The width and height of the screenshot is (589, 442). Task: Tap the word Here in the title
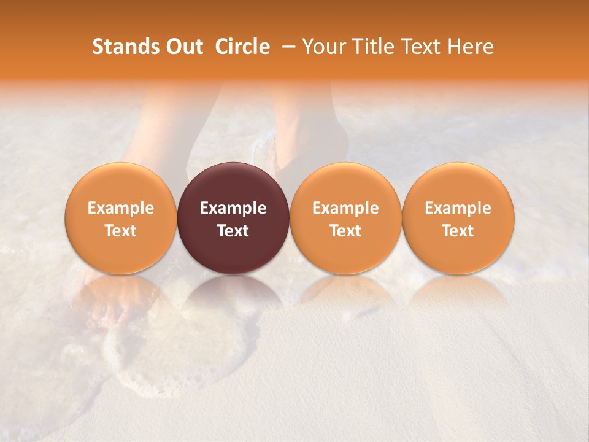471,47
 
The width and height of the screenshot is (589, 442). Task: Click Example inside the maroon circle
233,209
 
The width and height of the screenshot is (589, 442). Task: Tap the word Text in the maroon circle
233,231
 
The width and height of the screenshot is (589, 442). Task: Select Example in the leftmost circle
120,209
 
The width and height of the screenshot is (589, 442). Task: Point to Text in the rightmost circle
458,231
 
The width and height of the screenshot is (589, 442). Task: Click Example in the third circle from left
345,209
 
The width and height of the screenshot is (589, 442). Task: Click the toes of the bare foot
102,316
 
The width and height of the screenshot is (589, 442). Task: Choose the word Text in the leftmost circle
120,231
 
